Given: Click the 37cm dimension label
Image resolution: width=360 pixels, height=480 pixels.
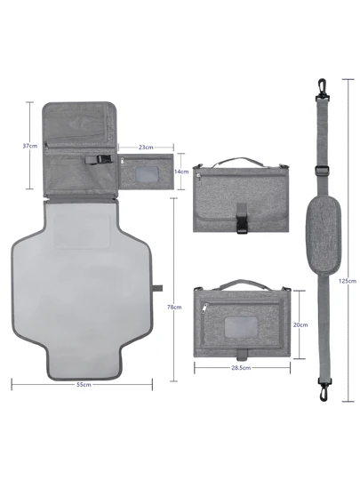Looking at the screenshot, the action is (30, 146).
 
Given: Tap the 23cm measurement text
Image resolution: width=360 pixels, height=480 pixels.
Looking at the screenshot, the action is (146, 148).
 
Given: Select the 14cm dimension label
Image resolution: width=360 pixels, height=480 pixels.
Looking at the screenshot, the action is (181, 172).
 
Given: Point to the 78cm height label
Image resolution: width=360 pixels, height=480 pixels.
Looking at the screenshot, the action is (174, 307).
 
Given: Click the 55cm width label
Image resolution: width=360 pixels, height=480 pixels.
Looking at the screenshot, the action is (84, 385).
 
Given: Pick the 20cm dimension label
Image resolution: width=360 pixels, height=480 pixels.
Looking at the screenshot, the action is (300, 324).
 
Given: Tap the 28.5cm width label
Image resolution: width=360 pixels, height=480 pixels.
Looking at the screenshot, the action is (241, 368).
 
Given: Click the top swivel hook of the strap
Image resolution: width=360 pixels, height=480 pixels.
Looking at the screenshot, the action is (322, 89).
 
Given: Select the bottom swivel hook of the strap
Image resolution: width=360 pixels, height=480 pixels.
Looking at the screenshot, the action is (324, 389).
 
